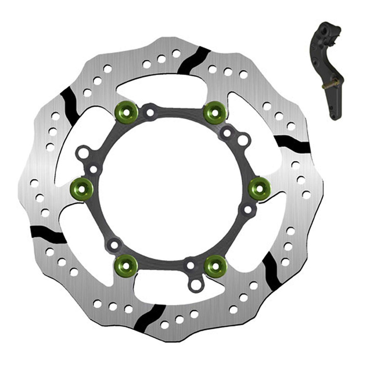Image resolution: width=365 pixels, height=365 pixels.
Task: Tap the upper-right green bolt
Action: pos(214,112)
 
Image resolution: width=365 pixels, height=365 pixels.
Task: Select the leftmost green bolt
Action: pos(82,187)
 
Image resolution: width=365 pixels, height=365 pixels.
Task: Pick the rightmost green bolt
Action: pos(260,187)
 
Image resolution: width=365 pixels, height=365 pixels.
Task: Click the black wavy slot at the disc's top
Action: pos(193,60)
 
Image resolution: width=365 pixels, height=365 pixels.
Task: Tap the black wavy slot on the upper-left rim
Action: pos(69,106)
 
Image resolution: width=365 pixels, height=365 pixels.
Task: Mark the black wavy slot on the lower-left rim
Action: pos(48,235)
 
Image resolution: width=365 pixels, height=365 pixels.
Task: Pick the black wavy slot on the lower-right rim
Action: pos(271,271)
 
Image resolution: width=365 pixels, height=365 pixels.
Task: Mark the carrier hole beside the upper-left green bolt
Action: pos(150,111)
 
